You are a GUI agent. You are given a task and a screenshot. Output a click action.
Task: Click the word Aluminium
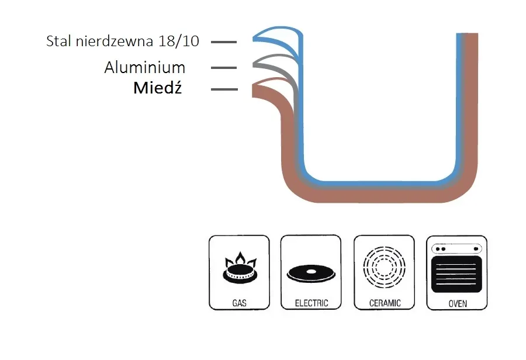144,67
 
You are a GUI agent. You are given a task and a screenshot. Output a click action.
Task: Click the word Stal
59,41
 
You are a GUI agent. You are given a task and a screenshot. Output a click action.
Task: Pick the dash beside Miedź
224,89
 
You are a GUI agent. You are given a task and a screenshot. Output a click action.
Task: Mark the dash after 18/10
224,41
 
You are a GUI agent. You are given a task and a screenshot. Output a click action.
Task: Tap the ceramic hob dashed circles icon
383,268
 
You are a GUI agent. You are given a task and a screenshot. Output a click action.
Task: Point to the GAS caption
238,303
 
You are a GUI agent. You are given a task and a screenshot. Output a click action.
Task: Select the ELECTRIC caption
310,303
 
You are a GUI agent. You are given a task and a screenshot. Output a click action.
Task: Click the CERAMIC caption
385,303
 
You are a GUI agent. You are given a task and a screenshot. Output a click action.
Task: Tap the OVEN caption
457,303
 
